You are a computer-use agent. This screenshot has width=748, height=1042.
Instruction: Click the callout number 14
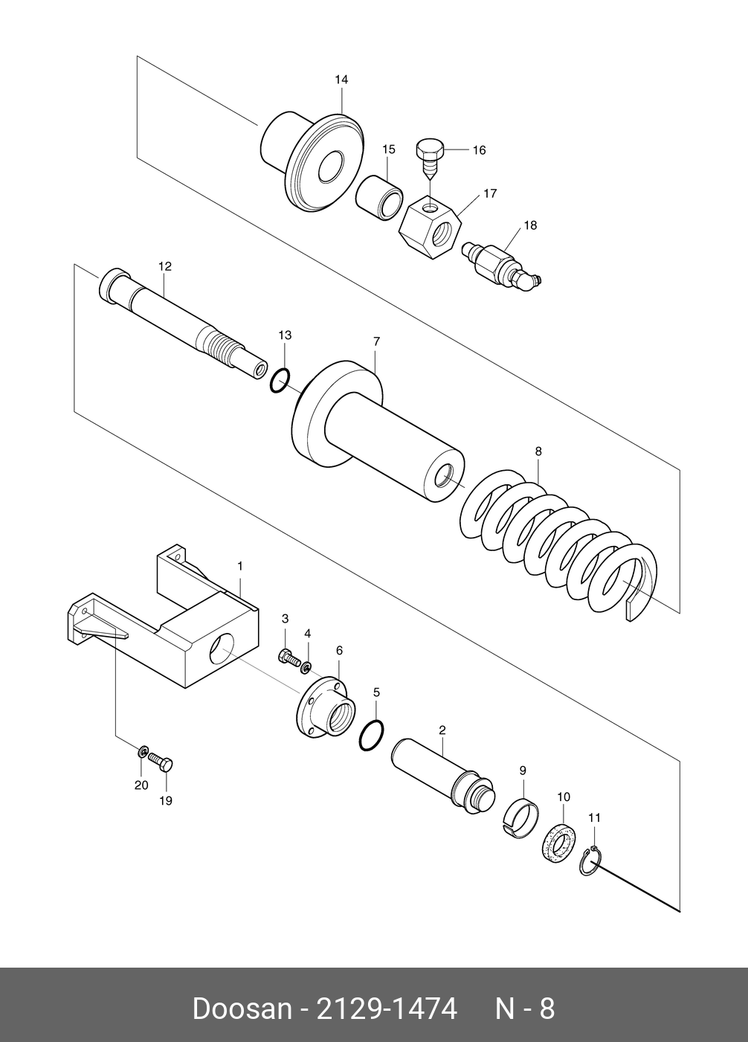tap(341, 80)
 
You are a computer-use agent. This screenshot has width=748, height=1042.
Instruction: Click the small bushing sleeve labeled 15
tap(379, 197)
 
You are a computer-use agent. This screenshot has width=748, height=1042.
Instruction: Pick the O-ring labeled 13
tap(279, 381)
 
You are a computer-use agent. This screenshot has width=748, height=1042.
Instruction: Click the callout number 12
tap(165, 266)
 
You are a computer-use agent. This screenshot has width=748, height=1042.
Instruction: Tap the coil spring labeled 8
tap(558, 547)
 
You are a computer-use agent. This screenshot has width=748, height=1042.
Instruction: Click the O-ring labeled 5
tap(372, 735)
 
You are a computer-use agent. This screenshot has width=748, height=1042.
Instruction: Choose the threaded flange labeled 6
tap(326, 708)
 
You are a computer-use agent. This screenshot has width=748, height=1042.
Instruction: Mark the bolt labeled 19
tap(162, 762)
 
